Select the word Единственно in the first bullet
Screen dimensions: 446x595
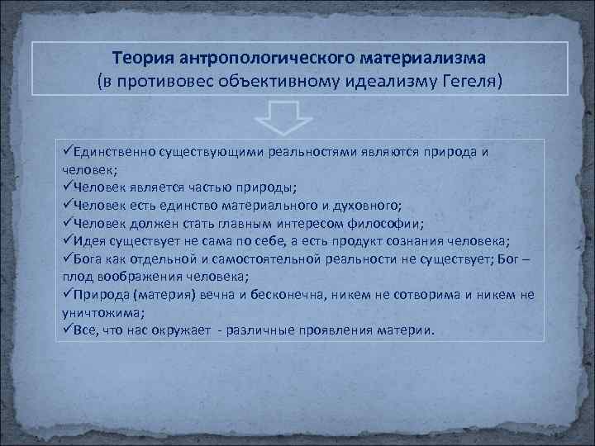click(114, 152)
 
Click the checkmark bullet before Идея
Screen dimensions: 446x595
click(68, 240)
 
